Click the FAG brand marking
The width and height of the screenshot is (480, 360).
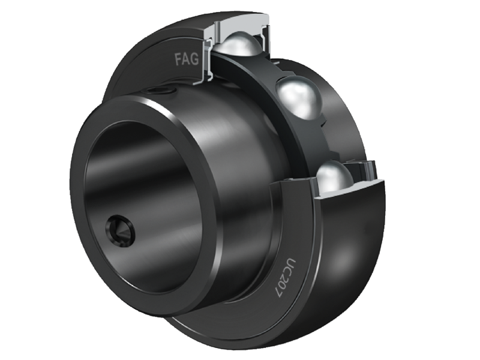click(185, 59)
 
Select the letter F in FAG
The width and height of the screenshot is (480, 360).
click(178, 59)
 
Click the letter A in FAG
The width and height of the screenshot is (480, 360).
click(185, 59)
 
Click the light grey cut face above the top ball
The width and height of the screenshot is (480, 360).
click(240, 24)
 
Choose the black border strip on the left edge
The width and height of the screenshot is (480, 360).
click(24, 180)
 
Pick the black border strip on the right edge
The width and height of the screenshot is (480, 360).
click(455, 180)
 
